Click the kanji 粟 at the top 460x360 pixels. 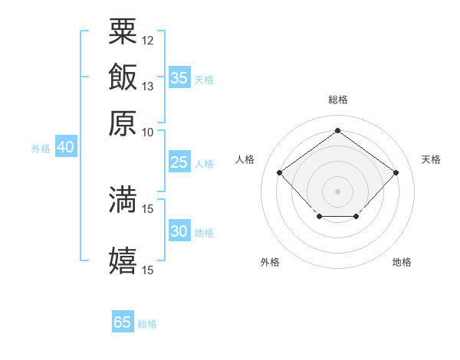pyautogui.click(x=123, y=31)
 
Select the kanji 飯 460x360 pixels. pyautogui.click(x=123, y=77)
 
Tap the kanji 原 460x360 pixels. pyautogui.click(x=123, y=123)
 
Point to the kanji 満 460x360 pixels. pyautogui.click(x=123, y=199)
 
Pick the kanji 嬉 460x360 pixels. pyautogui.click(x=123, y=260)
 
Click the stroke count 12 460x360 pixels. pyautogui.click(x=147, y=41)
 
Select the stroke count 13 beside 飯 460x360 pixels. pyautogui.click(x=147, y=87)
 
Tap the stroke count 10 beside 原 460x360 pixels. pyautogui.click(x=147, y=133)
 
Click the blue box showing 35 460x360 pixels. pyautogui.click(x=179, y=77)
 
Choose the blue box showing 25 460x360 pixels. pyautogui.click(x=179, y=162)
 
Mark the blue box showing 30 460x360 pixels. pyautogui.click(x=179, y=230)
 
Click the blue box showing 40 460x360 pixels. pyautogui.click(x=66, y=146)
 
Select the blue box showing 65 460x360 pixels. pyautogui.click(x=123, y=321)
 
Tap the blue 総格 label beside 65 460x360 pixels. pyautogui.click(x=147, y=324)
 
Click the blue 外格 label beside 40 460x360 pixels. pyautogui.click(x=41, y=149)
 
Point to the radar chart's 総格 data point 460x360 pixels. pyautogui.click(x=337, y=130)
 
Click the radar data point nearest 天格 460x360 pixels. pyautogui.click(x=396, y=172)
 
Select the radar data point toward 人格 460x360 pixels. pyautogui.click(x=280, y=172)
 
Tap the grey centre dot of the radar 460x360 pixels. pyautogui.click(x=337, y=191)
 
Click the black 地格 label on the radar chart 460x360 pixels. pyautogui.click(x=402, y=262)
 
